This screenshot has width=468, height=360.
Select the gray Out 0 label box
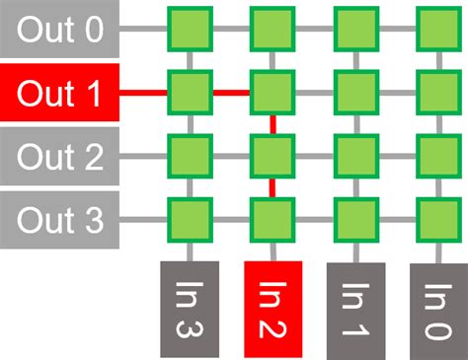[59, 30]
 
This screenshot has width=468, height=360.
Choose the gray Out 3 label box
[59, 220]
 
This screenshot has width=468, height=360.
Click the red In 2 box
[272, 309]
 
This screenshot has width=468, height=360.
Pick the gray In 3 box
[188, 309]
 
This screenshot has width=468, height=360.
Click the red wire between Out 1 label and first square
[143, 94]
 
